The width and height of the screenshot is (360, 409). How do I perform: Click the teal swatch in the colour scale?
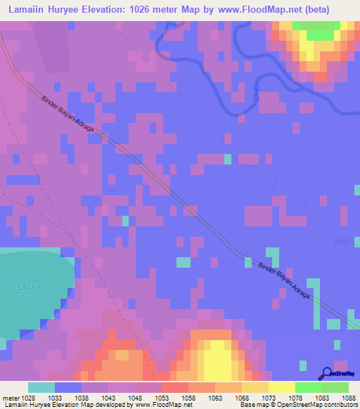click(41, 387)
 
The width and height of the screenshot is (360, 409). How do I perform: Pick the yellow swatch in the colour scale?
click(281, 387)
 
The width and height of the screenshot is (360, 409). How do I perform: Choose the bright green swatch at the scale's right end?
click(335, 387)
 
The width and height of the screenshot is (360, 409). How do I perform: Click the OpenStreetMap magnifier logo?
click(326, 373)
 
